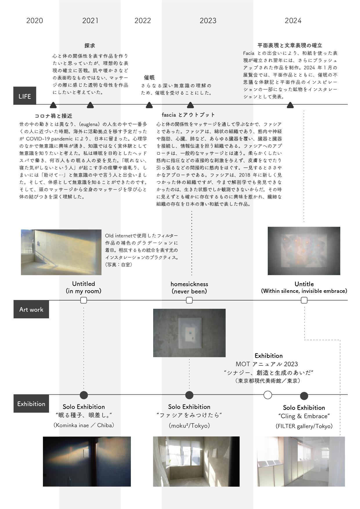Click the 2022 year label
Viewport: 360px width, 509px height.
pyautogui.click(x=142, y=21)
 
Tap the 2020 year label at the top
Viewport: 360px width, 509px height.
pyautogui.click(x=35, y=21)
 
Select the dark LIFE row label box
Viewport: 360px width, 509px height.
pyautogui.click(x=25, y=96)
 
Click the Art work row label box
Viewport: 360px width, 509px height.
pyautogui.click(x=31, y=309)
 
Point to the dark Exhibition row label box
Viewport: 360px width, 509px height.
pyautogui.click(x=31, y=404)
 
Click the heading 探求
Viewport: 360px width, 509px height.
pyautogui.click(x=90, y=46)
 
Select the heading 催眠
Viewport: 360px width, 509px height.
pyautogui.click(x=149, y=77)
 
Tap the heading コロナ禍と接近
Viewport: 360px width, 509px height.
pyautogui.click(x=53, y=116)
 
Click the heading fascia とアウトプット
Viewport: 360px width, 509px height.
pyautogui.click(x=188, y=115)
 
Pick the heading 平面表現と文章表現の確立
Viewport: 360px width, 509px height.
pyautogui.click(x=290, y=45)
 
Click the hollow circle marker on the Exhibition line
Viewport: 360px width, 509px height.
pyautogui.click(x=268, y=395)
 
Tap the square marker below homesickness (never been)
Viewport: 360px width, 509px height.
pyautogui.click(x=189, y=300)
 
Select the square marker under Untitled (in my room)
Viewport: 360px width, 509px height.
pyautogui.click(x=84, y=300)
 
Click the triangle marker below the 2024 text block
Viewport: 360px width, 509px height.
pyautogui.click(x=290, y=105)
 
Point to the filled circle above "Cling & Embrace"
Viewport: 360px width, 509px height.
pyautogui.click(x=304, y=396)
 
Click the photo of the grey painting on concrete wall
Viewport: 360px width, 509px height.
pyautogui.click(x=189, y=333)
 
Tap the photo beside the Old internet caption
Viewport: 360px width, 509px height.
pyautogui.click(x=61, y=252)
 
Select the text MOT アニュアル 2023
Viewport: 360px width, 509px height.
pyautogui.click(x=267, y=364)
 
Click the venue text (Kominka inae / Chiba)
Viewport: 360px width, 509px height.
pyautogui.click(x=84, y=425)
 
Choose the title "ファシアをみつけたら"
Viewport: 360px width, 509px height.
pyautogui.click(x=189, y=415)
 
